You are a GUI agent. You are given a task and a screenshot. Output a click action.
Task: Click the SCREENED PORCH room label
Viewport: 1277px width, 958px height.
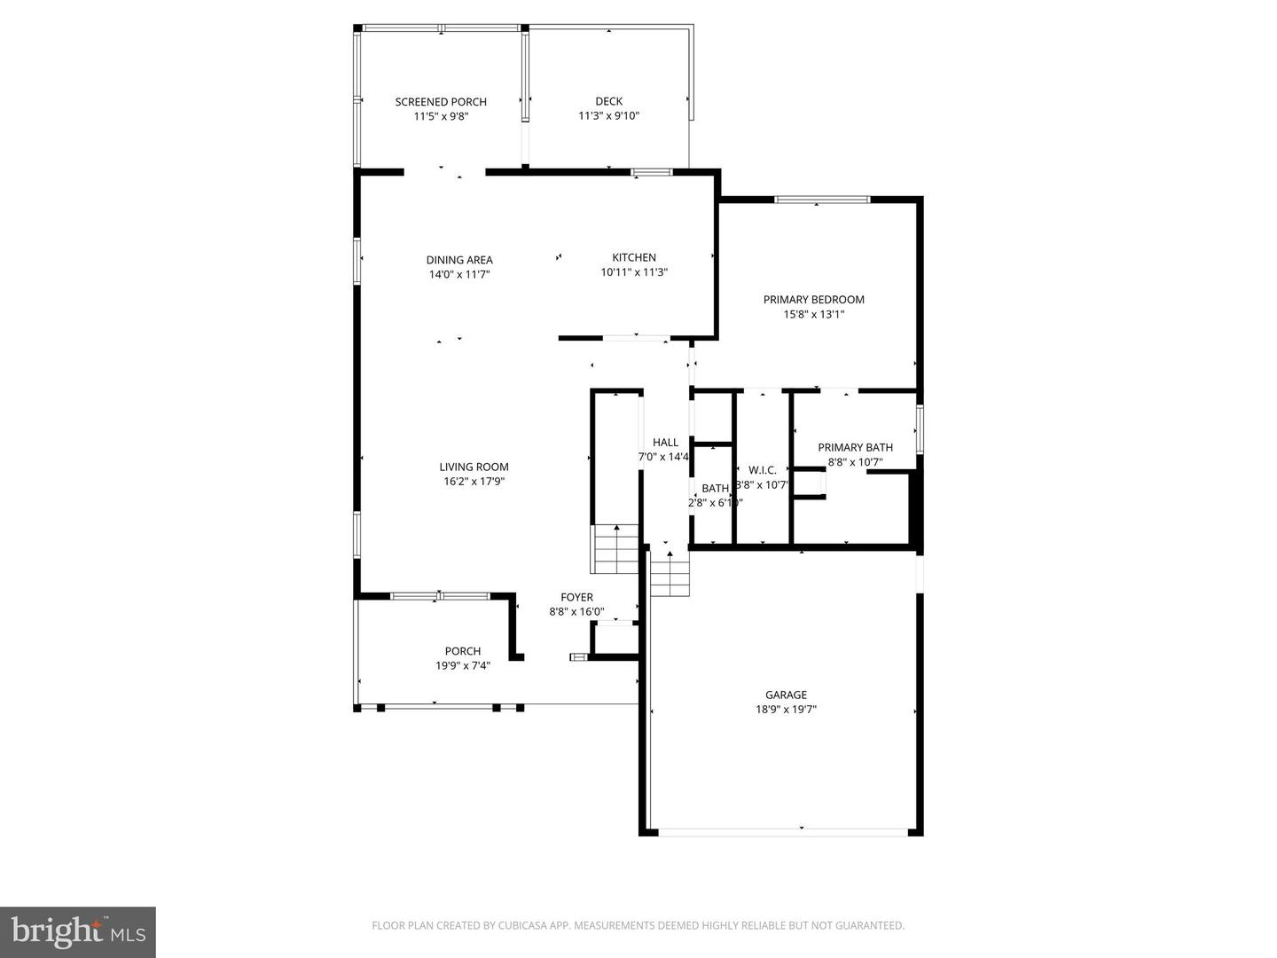[441, 102]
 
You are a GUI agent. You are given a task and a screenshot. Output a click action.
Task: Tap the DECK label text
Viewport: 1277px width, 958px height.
[608, 101]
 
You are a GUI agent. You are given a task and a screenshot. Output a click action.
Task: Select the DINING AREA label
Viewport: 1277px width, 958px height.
[459, 260]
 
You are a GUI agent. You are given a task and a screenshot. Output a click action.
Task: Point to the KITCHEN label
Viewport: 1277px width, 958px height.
[634, 258]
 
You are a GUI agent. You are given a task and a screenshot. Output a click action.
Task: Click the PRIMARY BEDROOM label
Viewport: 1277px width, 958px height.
[813, 300]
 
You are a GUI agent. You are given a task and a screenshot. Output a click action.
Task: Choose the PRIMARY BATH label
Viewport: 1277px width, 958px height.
[855, 448]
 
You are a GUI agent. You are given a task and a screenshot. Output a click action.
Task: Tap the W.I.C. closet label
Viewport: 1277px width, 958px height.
[762, 470]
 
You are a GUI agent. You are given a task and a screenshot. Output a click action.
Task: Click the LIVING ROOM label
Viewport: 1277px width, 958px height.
[474, 467]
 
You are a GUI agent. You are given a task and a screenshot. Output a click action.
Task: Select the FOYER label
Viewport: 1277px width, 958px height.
[576, 598]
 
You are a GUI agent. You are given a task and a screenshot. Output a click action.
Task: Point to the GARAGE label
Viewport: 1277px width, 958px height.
[786, 695]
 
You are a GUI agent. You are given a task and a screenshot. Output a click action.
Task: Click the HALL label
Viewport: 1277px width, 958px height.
[665, 443]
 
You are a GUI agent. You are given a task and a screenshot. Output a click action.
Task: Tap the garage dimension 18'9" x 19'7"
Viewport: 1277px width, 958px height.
[786, 710]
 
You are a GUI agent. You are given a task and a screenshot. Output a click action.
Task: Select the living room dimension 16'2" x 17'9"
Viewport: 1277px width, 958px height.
[474, 482]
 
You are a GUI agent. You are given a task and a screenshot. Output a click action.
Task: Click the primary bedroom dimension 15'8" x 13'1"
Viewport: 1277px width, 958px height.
[813, 314]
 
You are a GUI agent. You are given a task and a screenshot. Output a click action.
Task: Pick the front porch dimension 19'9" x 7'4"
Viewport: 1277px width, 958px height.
[462, 665]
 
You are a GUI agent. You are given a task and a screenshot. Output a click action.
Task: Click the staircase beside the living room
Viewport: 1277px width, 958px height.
[615, 549]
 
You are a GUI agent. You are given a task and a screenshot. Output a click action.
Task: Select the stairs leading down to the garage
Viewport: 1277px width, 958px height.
[670, 573]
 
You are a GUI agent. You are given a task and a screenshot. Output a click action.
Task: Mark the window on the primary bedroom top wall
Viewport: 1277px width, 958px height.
[821, 200]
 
